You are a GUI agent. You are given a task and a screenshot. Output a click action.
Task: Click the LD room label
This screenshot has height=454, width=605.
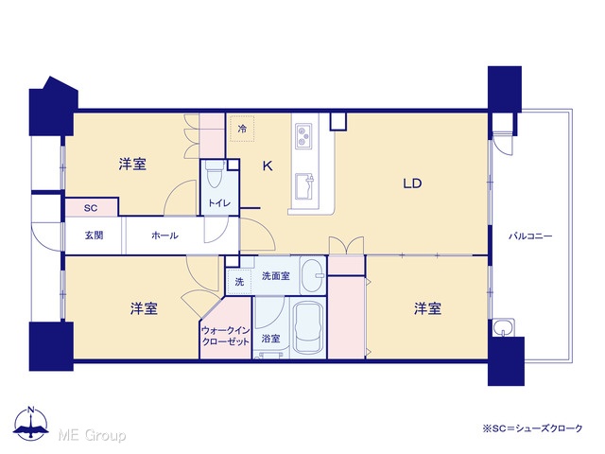pos(412,183)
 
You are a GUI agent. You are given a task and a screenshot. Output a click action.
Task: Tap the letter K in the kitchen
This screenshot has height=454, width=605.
pos(268,166)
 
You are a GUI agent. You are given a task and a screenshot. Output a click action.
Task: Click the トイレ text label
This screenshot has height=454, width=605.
pos(219,203)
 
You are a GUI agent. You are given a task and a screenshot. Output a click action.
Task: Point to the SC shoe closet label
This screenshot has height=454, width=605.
pos(91,208)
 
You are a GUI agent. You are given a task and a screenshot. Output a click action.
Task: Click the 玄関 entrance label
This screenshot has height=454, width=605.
pos(94,236)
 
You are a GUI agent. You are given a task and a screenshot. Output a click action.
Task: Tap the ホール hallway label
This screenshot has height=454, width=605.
pos(164,236)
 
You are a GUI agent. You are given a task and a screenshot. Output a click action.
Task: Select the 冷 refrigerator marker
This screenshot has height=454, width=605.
pos(242,129)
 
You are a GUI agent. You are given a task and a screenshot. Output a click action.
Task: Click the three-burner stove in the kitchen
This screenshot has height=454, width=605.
pos(303,136)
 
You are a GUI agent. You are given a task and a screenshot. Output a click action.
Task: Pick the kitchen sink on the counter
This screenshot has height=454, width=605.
pos(304,187)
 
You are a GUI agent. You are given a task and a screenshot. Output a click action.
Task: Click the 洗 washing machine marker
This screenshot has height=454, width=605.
pos(239,282)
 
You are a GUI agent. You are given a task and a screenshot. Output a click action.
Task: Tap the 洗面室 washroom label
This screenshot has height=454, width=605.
pos(275,276)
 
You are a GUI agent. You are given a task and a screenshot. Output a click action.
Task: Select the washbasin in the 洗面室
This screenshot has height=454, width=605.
pos(312,275)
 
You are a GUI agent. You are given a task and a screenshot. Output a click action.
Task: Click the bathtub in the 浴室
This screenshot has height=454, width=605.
pos(309,328)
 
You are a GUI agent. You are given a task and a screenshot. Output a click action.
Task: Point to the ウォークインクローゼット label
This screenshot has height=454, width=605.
pos(226,337)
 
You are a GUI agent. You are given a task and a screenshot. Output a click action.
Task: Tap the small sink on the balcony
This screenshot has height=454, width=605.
pos(503,328)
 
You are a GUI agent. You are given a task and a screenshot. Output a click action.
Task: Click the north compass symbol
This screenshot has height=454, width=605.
pos(31,424)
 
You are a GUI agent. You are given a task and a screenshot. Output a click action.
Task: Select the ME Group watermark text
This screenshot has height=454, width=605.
pos(92,436)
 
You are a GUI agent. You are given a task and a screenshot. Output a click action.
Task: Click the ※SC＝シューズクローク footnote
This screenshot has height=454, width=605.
pos(532,428)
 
